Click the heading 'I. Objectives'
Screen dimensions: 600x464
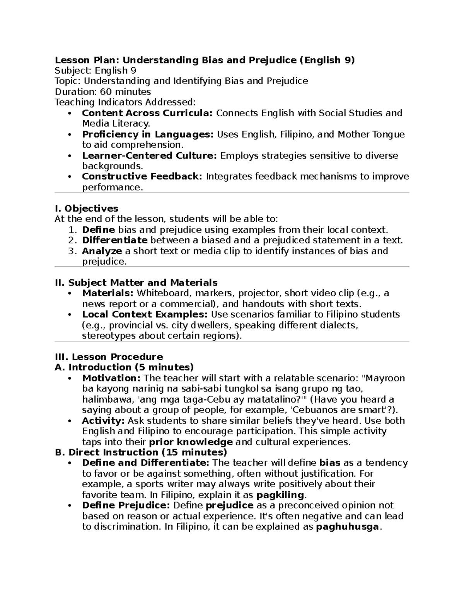point(87,209)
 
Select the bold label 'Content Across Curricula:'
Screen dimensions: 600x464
point(147,113)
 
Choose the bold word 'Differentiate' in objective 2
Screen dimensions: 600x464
point(115,240)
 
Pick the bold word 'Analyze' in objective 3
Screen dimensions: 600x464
point(102,251)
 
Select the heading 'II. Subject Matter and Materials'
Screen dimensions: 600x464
point(136,283)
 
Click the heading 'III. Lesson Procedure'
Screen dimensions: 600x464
point(109,357)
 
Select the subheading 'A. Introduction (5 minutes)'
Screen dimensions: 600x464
point(124,367)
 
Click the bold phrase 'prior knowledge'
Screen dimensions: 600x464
point(191,442)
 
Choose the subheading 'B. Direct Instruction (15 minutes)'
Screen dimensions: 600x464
point(141,452)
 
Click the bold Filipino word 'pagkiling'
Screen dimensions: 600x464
point(280,495)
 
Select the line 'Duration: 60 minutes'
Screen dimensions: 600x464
point(103,92)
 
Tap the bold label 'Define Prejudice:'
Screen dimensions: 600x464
point(126,505)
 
